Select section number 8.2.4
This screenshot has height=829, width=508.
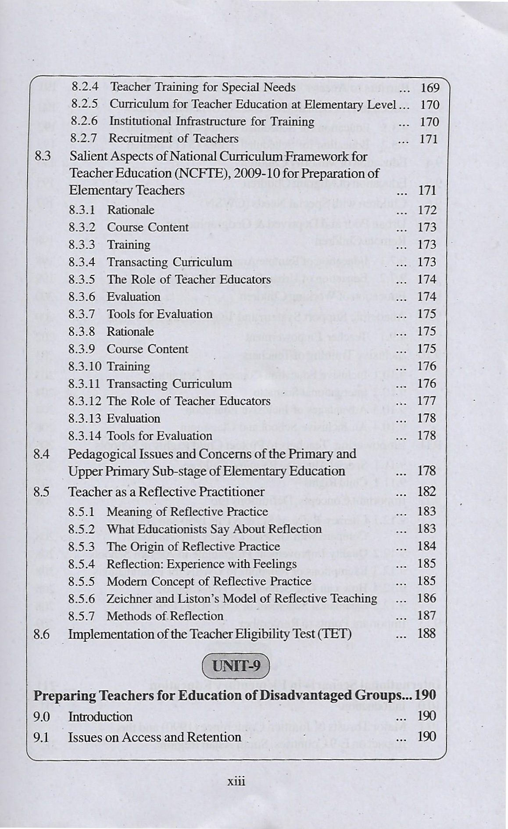coord(84,87)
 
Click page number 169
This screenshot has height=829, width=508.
coord(429,88)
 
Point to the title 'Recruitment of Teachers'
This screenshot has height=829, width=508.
coord(173,139)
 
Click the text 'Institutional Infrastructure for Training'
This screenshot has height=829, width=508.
coord(212,121)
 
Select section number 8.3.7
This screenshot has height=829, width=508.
coord(82,314)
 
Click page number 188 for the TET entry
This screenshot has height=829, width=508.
coord(426,633)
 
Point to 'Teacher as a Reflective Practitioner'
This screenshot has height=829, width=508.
coord(167,492)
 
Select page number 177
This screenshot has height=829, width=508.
coord(427,401)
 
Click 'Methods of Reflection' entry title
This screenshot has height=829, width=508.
coord(165,616)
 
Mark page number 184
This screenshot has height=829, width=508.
coord(427,546)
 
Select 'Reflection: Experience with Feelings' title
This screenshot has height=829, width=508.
coord(202,564)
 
